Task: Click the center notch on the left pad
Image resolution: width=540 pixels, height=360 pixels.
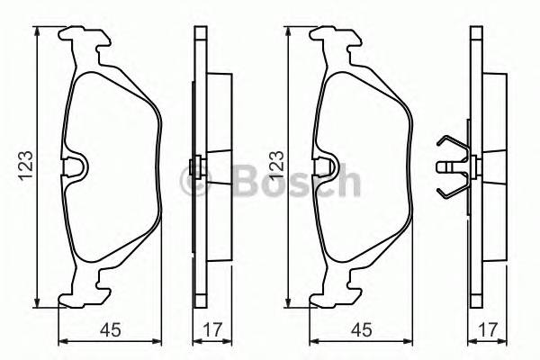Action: pyautogui.click(x=76, y=166)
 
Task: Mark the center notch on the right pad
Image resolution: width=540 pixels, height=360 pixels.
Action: pyautogui.click(x=328, y=166)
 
